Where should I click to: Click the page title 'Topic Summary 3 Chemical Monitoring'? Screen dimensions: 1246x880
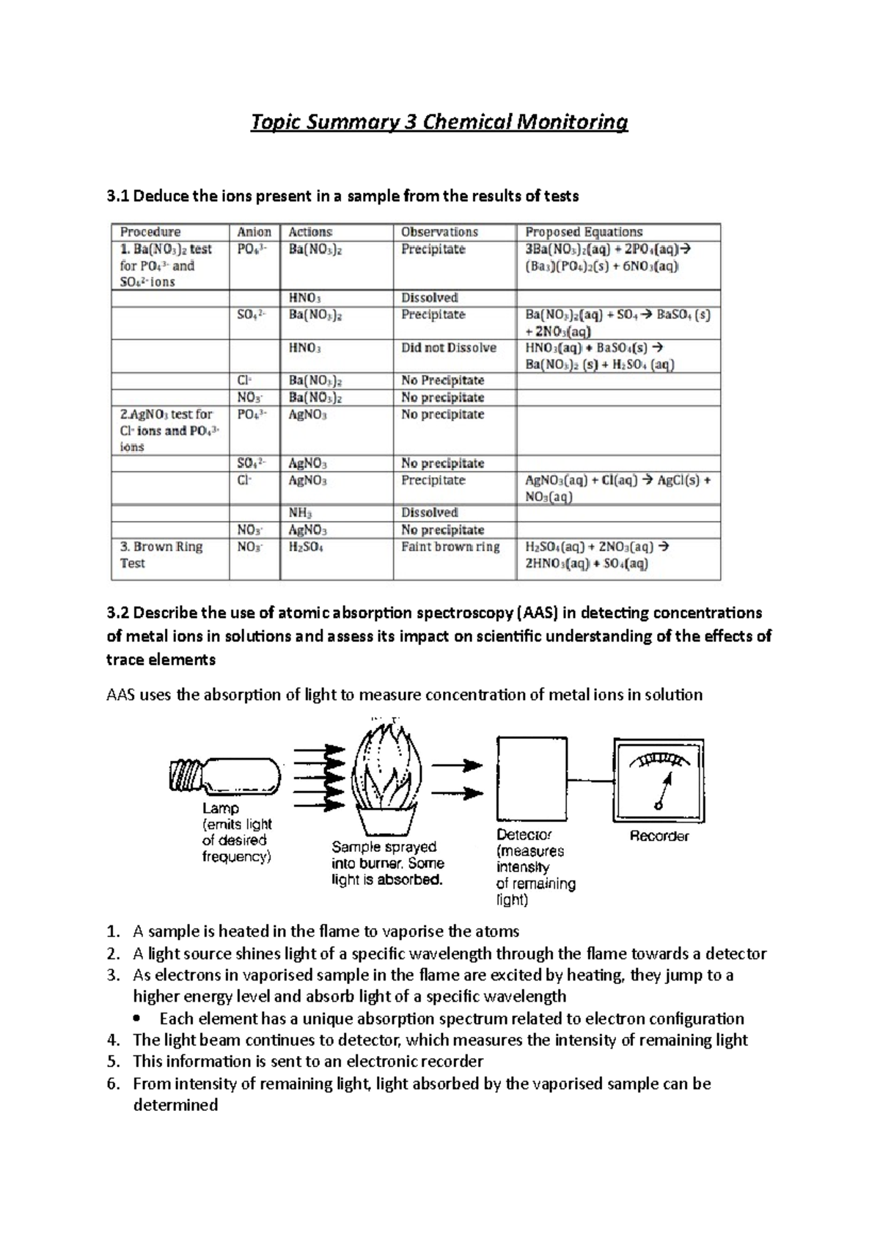click(439, 122)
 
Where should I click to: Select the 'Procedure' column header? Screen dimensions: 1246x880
click(150, 232)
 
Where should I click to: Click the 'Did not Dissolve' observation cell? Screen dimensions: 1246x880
click(448, 348)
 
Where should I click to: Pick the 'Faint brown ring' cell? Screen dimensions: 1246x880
click(450, 547)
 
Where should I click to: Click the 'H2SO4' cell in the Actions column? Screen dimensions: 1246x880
click(307, 547)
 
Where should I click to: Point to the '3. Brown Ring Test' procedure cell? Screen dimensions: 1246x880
click(161, 555)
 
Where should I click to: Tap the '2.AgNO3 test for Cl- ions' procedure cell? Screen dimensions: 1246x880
click(169, 431)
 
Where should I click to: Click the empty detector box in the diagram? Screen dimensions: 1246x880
click(529, 778)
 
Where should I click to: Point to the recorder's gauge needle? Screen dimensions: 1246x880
click(665, 791)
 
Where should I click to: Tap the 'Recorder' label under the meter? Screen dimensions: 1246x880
click(659, 836)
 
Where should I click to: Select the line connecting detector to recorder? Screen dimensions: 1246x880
click(587, 781)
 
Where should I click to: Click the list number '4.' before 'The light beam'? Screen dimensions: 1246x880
click(113, 1040)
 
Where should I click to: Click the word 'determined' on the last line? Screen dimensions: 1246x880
click(175, 1105)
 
